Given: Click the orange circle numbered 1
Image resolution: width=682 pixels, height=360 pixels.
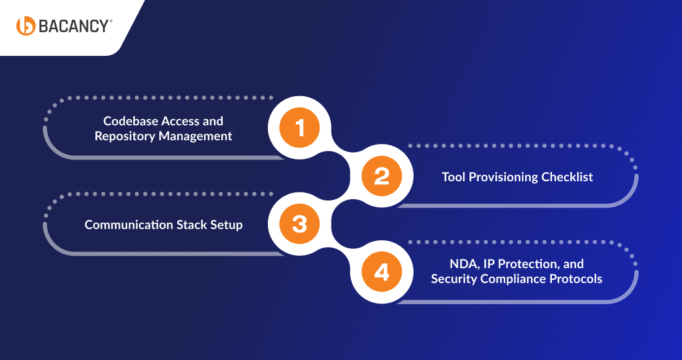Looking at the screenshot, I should click(300, 128).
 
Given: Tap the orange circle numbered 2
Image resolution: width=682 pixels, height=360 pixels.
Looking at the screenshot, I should click(382, 176).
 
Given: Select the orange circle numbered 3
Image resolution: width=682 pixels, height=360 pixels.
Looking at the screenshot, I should click(300, 224).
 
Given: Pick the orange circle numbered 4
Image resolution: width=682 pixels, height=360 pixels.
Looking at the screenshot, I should click(382, 272).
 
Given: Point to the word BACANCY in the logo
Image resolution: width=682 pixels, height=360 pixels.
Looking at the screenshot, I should click(74, 26).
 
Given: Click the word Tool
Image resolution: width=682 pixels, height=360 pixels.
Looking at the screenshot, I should click(454, 177).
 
